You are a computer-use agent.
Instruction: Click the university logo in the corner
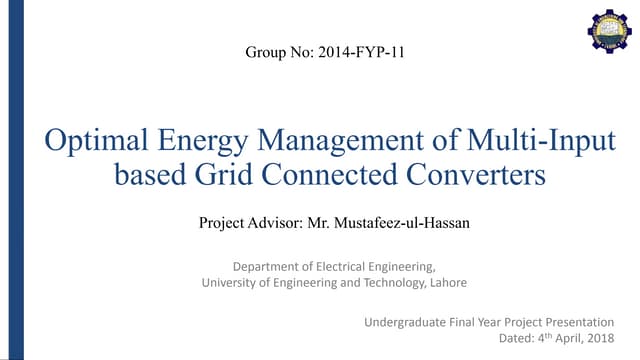609,30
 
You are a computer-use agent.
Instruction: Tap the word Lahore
445,283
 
